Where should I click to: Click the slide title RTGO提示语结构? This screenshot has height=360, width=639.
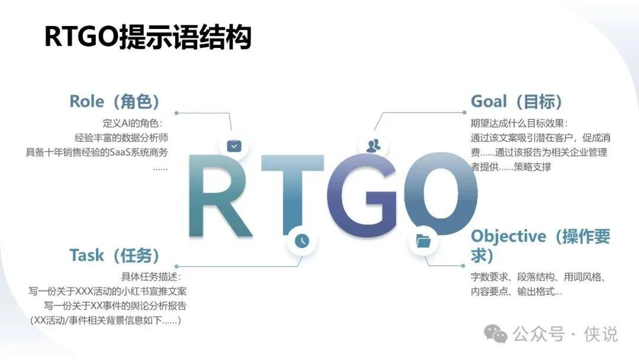tap(147, 37)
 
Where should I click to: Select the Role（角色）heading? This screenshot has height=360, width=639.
tap(115, 101)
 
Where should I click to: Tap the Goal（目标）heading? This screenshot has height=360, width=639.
tap(517, 101)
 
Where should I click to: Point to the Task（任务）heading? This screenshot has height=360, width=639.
tap(115, 256)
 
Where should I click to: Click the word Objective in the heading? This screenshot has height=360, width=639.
tap(508, 236)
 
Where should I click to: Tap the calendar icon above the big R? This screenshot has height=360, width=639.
tap(234, 146)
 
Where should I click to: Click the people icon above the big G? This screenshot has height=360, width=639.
tap(373, 146)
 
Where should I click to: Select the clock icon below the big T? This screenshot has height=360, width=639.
tap(302, 240)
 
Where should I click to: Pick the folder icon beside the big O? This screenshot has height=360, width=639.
tap(424, 241)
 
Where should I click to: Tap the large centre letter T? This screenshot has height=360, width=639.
tap(293, 196)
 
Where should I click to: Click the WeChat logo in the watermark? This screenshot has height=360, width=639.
tap(496, 335)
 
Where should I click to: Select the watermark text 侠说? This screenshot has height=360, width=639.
tap(601, 335)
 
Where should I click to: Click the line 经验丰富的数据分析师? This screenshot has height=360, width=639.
tap(121, 138)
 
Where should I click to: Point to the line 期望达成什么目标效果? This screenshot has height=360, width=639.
tap(519, 123)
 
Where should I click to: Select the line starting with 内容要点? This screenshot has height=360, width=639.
tap(517, 292)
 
